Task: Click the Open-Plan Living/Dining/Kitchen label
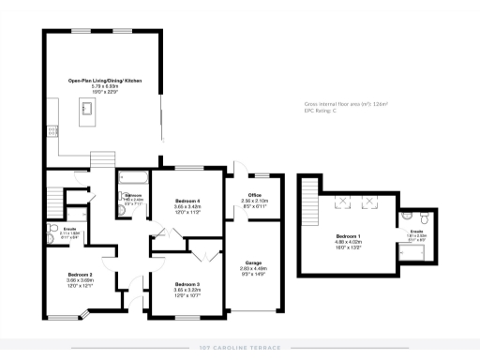pyautogui.click(x=104, y=82)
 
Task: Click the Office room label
pyautogui.click(x=254, y=195)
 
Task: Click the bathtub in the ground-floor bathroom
pyautogui.click(x=129, y=177)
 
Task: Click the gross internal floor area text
pyautogui.click(x=347, y=104)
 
